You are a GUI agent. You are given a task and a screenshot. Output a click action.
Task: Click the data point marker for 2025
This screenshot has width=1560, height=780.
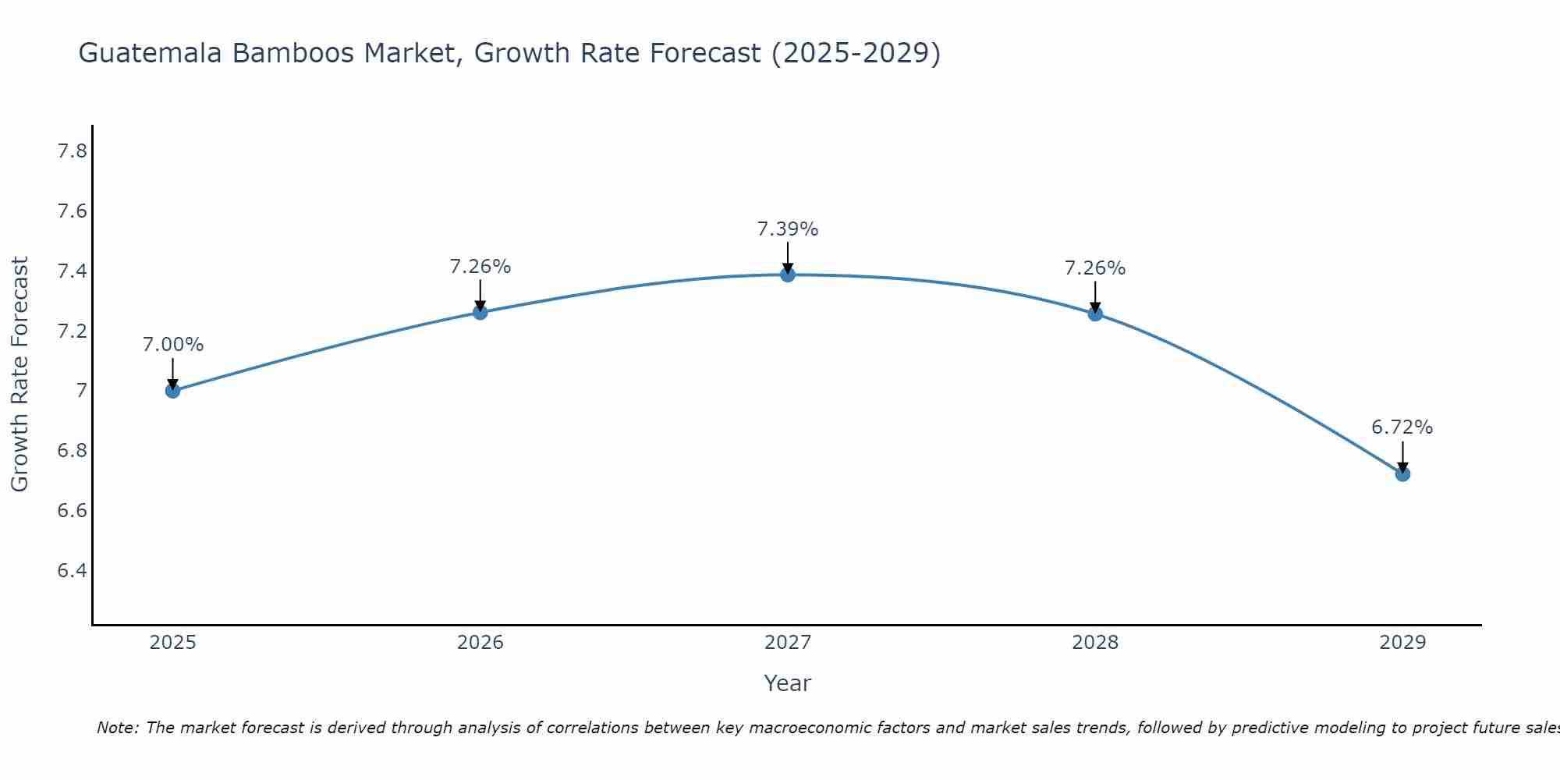click(173, 391)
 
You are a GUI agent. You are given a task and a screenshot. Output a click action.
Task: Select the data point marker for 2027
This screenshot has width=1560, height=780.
click(788, 275)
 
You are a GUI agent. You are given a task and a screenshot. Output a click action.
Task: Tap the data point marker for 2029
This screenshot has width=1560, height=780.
click(1402, 473)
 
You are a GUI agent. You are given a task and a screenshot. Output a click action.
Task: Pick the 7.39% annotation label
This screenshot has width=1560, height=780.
click(788, 229)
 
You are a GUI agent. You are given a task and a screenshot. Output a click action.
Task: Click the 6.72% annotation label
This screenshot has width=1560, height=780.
click(1402, 427)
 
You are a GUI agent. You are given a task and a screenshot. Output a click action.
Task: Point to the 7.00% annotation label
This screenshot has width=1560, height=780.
click(173, 345)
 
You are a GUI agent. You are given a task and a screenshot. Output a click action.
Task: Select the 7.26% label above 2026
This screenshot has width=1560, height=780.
click(480, 267)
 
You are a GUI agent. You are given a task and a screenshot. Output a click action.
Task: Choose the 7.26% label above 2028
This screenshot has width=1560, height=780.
click(1095, 268)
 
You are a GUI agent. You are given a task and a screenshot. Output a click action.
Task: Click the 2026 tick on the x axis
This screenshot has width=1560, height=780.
click(480, 643)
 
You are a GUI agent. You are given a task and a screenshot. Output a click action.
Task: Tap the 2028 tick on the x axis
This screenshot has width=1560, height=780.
click(1095, 643)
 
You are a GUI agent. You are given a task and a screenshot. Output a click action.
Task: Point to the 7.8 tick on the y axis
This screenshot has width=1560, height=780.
click(73, 151)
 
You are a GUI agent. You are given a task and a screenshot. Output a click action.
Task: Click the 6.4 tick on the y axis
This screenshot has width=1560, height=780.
click(73, 571)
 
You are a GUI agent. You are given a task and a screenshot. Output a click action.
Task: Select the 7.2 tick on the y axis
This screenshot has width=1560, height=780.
click(73, 331)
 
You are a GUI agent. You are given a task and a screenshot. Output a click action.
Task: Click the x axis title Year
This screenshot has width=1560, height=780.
click(788, 683)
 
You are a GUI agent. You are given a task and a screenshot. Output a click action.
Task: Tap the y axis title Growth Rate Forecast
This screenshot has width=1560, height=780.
click(19, 374)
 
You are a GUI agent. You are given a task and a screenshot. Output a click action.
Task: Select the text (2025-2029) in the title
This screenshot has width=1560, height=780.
click(856, 53)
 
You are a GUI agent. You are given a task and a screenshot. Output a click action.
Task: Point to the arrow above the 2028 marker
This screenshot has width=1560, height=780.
click(1095, 296)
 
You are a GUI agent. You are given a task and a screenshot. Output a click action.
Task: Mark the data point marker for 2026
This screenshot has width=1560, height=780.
click(480, 312)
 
